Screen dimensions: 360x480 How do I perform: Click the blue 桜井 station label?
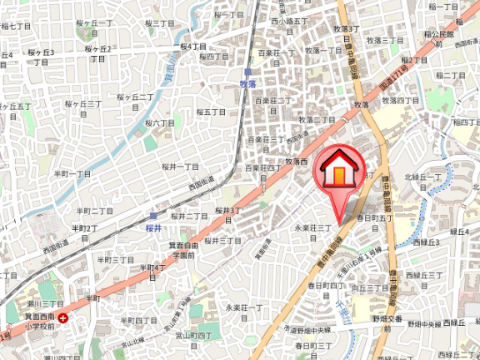152,227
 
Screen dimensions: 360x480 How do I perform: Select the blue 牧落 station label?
247,84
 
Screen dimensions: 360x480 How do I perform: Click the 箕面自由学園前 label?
183,250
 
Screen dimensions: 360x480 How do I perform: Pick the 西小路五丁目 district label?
289,19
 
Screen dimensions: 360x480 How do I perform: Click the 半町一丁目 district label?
72,173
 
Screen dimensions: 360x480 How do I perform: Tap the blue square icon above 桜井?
152,215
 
